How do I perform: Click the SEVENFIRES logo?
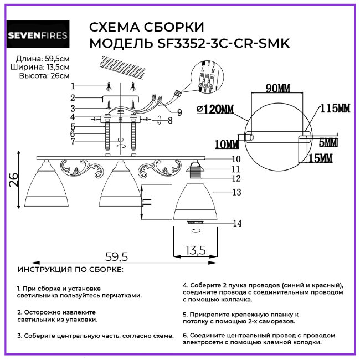click(x=38, y=36)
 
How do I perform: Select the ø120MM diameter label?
click(x=215, y=109)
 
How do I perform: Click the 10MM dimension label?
click(x=226, y=144)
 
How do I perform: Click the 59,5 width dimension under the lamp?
click(x=116, y=256)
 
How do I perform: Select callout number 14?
click(x=238, y=224)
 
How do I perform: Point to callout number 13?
click(x=238, y=192)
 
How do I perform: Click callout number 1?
click(x=73, y=86)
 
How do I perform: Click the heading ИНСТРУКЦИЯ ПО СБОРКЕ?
click(x=70, y=270)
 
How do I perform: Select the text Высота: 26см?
click(x=44, y=75)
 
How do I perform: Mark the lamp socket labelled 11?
click(x=195, y=169)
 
